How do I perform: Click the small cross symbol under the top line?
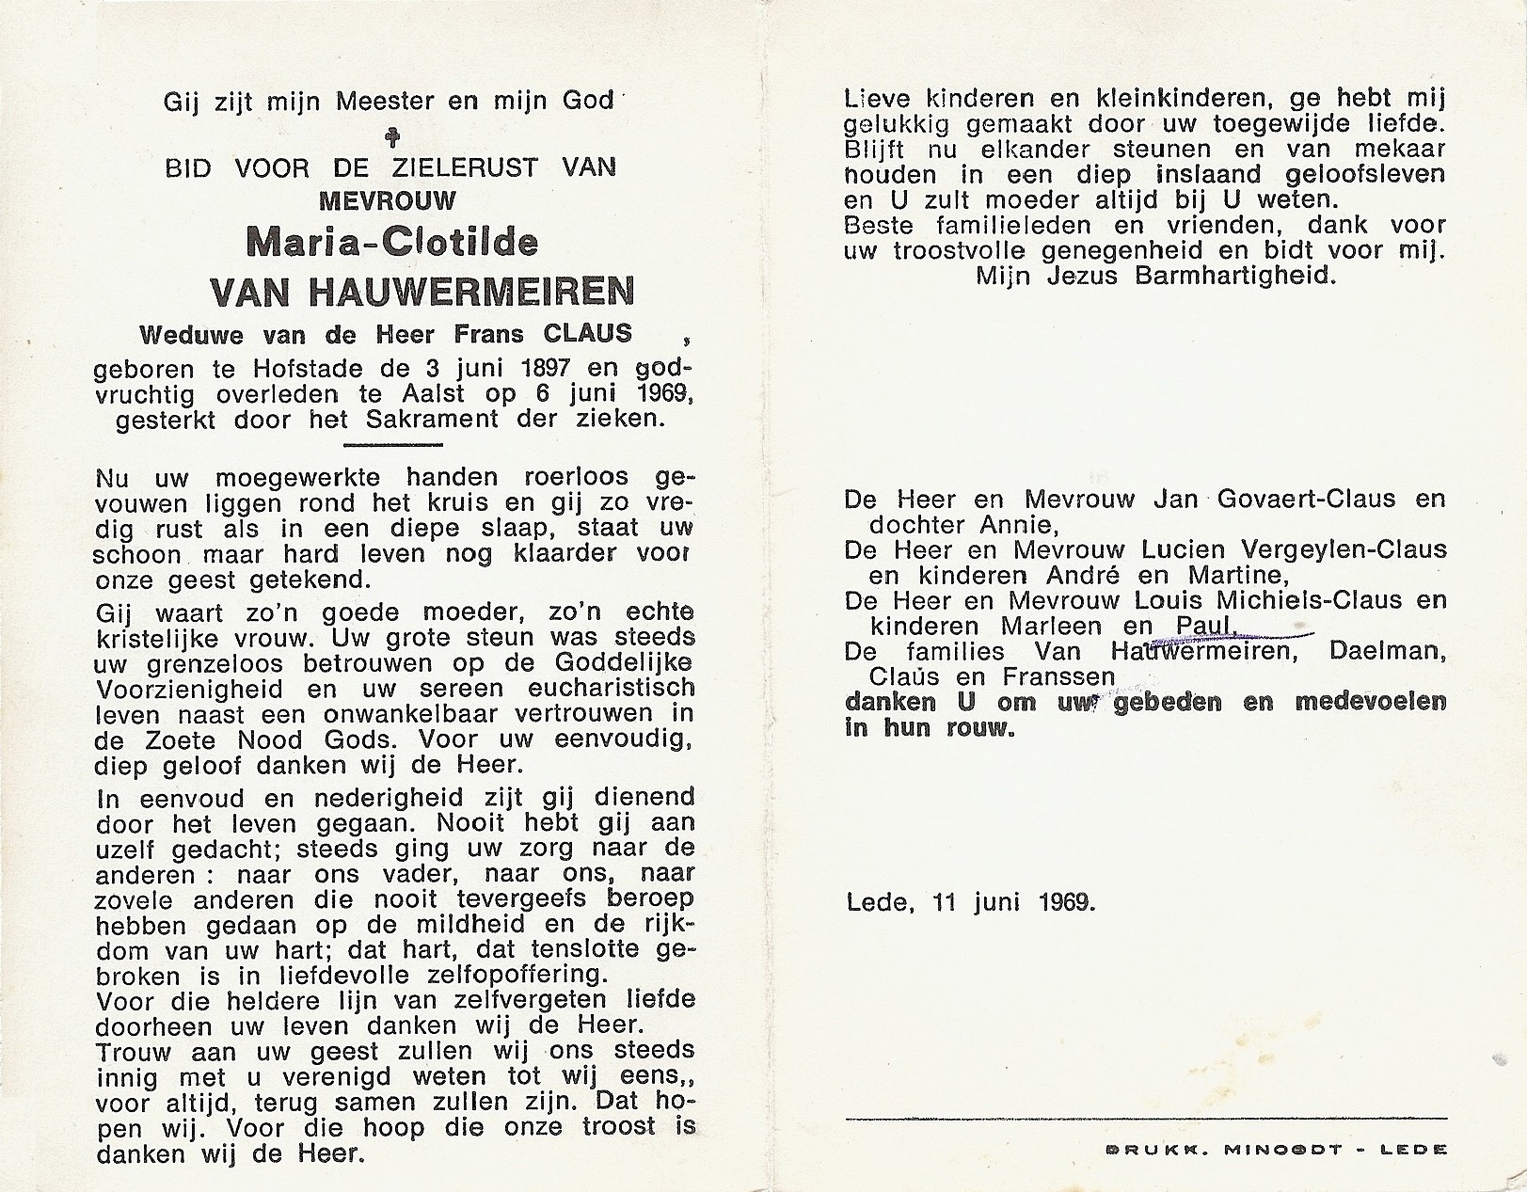(393, 137)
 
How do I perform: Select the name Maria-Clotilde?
(392, 243)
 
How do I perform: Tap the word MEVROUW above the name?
(388, 200)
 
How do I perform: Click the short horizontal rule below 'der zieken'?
(392, 444)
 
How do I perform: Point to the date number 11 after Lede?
(946, 903)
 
